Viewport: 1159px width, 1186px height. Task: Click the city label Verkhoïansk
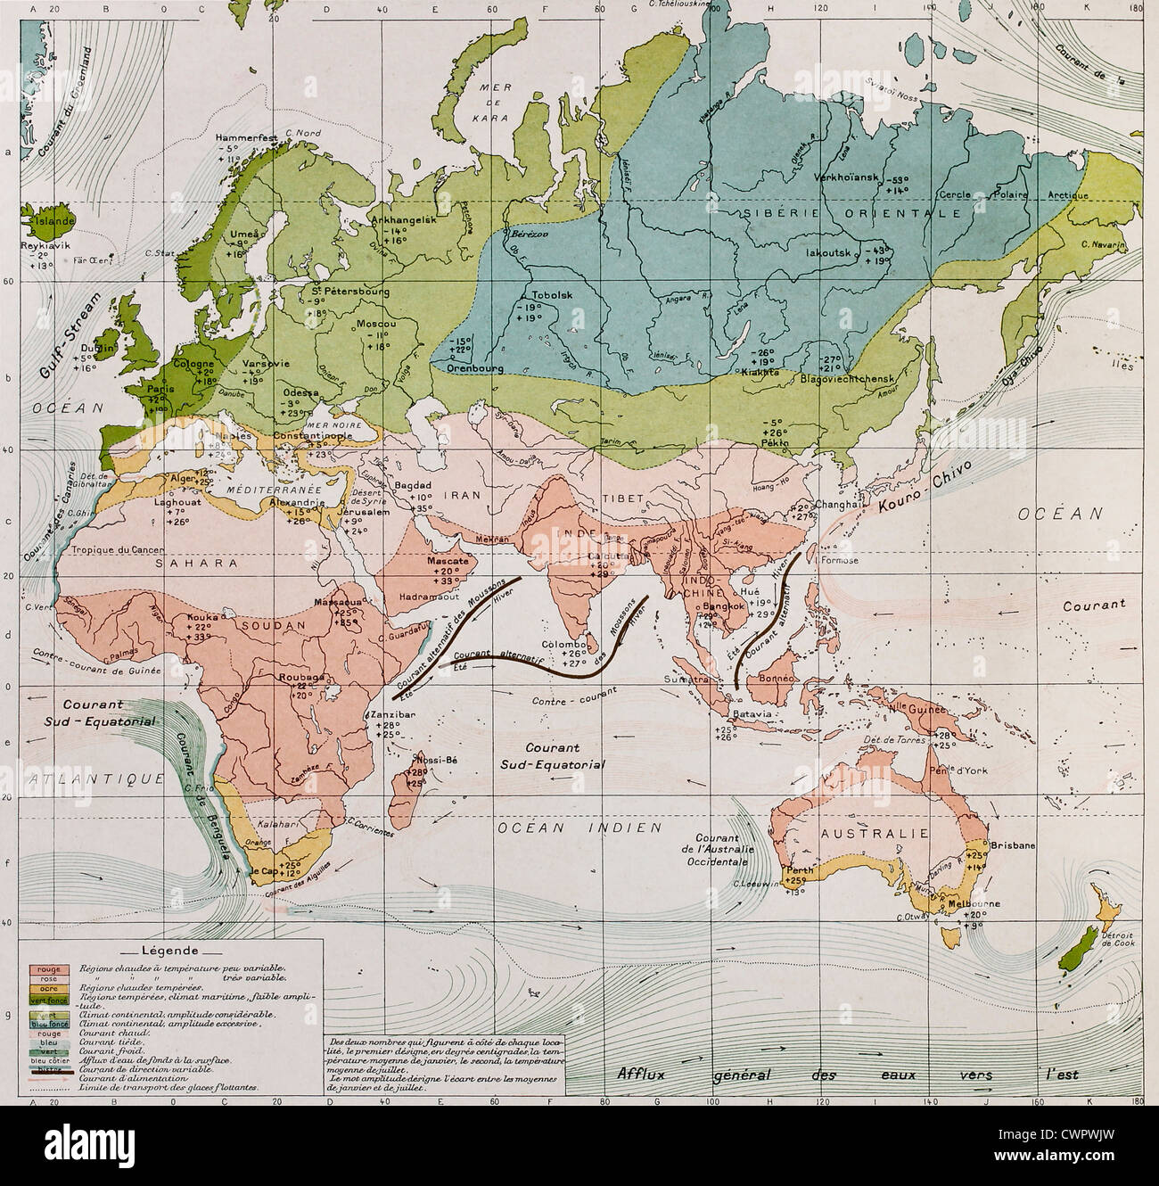tap(846, 176)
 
